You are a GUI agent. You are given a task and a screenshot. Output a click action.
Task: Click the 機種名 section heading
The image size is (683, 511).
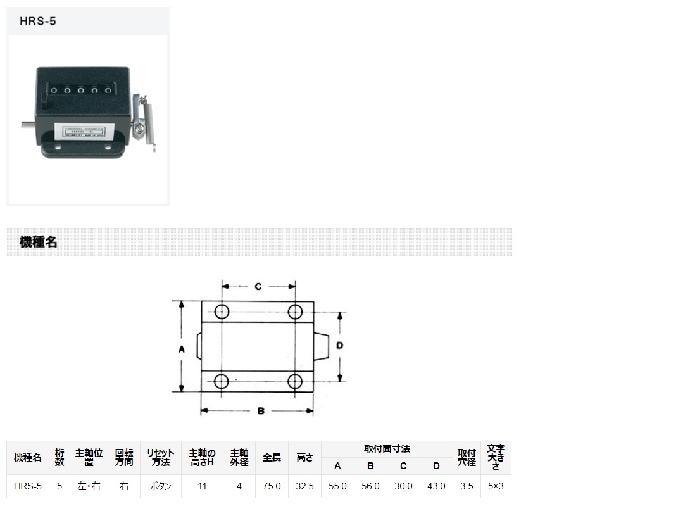tap(39, 242)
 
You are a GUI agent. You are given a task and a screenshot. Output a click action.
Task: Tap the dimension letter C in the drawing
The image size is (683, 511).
tap(258, 286)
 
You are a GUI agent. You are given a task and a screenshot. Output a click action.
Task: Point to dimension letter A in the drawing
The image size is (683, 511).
tap(182, 349)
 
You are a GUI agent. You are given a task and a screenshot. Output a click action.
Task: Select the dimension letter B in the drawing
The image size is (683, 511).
tap(260, 411)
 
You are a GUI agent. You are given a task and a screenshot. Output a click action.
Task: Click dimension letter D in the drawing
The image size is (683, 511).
tap(339, 346)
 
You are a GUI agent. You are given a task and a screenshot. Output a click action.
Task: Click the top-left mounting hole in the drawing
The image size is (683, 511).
tap(222, 312)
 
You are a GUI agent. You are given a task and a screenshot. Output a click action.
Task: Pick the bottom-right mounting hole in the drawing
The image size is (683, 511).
tap(295, 381)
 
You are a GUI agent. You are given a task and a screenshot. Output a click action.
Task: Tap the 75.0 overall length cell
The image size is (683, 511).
tap(272, 486)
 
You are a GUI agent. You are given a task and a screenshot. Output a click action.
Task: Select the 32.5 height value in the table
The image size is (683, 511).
tap(304, 486)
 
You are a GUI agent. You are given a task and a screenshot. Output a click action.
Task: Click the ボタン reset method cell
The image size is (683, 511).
tap(160, 486)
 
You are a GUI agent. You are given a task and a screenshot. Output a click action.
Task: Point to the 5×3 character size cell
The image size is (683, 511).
tap(496, 486)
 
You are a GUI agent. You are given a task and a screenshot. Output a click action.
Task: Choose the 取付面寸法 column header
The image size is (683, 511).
tap(387, 449)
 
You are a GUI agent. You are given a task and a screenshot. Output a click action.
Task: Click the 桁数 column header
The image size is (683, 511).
tap(59, 457)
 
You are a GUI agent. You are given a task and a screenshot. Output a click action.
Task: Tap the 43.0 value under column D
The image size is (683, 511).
tap(436, 486)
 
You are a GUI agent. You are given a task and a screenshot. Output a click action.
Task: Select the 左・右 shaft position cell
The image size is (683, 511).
tap(89, 486)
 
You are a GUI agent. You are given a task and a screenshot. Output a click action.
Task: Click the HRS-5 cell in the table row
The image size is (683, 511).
tap(28, 486)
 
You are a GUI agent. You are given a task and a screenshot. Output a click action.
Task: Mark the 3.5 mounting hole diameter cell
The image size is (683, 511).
tap(467, 486)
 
